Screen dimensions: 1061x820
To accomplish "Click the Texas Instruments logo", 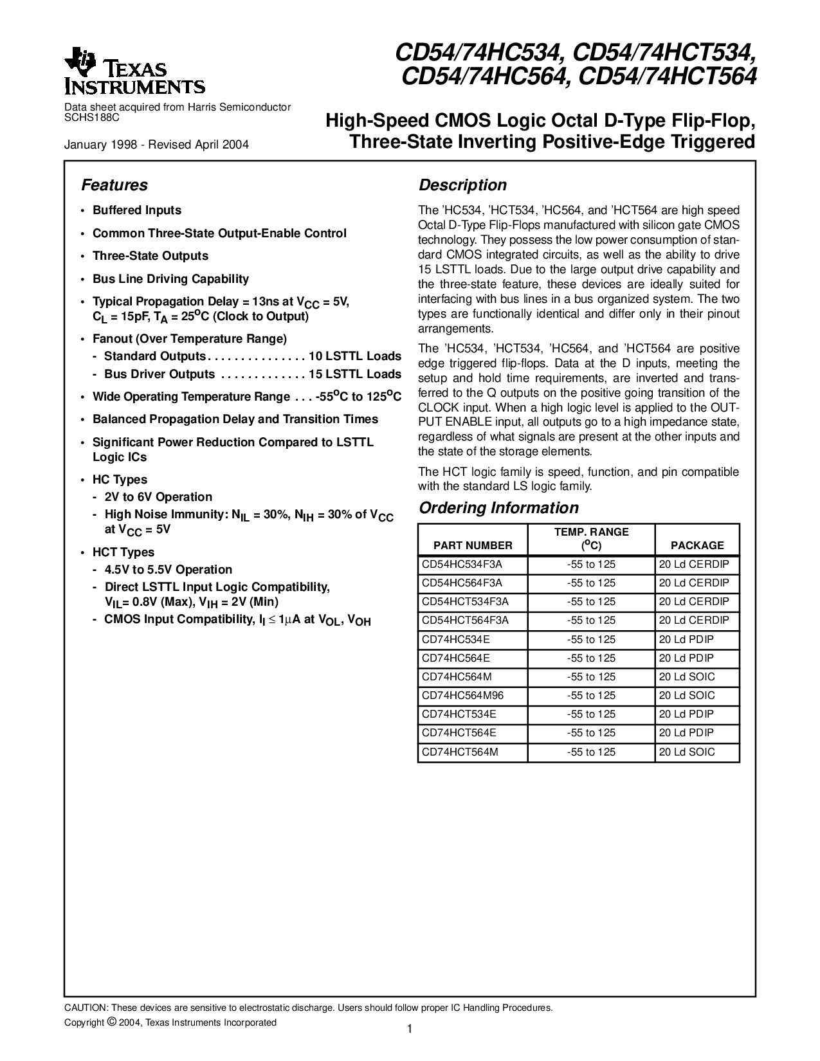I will pos(134,70).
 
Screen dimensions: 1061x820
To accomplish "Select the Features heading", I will pos(114,185).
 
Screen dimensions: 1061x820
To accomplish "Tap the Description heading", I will pos(462,185).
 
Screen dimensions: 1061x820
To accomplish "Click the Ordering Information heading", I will pos(498,508).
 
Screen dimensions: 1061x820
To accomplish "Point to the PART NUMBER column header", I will pos(473,545).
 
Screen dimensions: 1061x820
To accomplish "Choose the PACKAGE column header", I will pos(697,545).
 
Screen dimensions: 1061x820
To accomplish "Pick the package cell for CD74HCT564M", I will pos(686,752).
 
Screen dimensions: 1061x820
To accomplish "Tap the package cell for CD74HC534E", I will pos(686,639).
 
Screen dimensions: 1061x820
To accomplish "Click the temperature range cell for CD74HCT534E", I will pos(591,714).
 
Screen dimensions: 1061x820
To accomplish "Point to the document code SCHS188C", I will pos(92,118).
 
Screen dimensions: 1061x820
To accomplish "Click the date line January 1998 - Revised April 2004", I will pos(156,145).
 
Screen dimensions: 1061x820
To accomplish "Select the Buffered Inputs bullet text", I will pos(137,210).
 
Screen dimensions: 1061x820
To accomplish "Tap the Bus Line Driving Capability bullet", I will pos(170,279).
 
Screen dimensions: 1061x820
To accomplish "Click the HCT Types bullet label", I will pos(123,552).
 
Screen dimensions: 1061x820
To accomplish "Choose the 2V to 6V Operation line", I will pos(158,497).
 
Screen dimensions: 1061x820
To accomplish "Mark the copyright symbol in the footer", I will pos(111,1022).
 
